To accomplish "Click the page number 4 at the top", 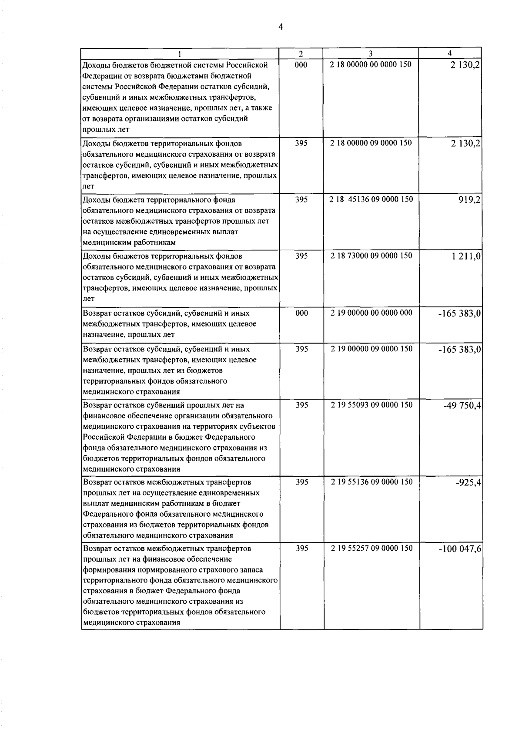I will pyautogui.click(x=281, y=27).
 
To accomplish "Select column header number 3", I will pyautogui.click(x=370, y=53).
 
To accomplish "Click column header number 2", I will pyautogui.click(x=301, y=53).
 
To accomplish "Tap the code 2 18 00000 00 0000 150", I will pyautogui.click(x=371, y=64).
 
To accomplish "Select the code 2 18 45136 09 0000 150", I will pyautogui.click(x=371, y=199).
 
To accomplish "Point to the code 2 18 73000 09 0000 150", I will pyautogui.click(x=371, y=256).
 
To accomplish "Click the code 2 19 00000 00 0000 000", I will pyautogui.click(x=371, y=313).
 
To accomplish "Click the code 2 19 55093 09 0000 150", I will pyautogui.click(x=371, y=404).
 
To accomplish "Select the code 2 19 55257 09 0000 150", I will pyautogui.click(x=371, y=548).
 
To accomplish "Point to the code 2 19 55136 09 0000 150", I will pyautogui.click(x=371, y=481).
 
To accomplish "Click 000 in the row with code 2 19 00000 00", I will pyautogui.click(x=301, y=313).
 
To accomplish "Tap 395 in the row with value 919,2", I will pyautogui.click(x=301, y=199).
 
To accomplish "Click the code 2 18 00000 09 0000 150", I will pyautogui.click(x=371, y=143).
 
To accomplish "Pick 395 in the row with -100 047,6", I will pyautogui.click(x=301, y=548).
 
